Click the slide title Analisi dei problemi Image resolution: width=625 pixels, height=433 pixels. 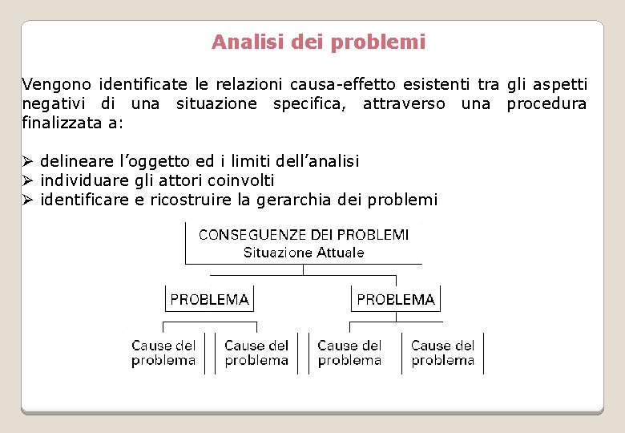coord(318,42)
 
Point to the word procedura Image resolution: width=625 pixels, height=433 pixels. coord(546,103)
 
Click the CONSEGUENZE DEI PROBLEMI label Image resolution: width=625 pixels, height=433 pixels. coord(304,235)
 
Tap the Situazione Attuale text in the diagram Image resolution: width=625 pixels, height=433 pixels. coord(304,253)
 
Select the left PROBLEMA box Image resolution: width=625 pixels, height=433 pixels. coord(209,300)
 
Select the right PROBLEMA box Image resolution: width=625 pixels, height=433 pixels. coord(396,300)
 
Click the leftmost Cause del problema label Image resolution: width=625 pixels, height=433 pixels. coord(163,353)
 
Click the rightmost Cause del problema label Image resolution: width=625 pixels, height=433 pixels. coord(443,353)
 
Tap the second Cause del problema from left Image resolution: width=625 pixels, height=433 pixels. coord(256,353)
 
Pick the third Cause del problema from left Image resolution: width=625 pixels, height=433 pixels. coord(349,353)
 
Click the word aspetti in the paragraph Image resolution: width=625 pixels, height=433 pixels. coord(558,84)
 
